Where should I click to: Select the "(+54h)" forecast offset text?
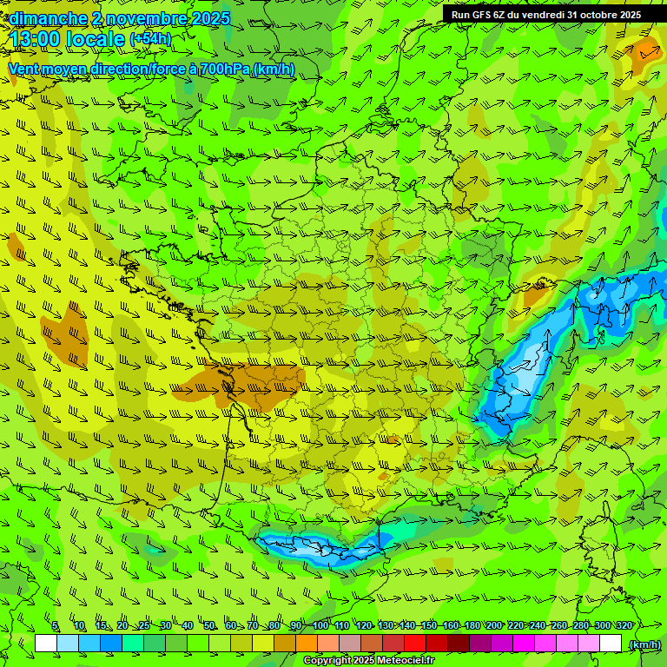coord(150,39)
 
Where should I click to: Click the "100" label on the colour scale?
coord(320,626)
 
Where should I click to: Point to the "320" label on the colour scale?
coord(624,626)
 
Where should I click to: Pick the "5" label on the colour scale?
coord(55,626)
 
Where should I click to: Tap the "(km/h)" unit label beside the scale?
coord(644,644)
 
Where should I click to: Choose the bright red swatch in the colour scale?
coord(415,644)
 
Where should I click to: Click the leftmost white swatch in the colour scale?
coord(46,644)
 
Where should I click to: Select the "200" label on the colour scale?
coord(494,626)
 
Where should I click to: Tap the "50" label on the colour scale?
coord(209,626)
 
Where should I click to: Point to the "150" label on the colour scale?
coord(429,626)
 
